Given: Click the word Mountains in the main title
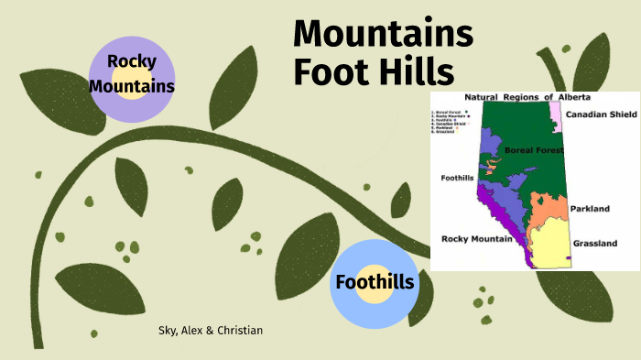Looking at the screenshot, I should coord(383,34).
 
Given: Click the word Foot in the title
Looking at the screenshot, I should coord(330,71).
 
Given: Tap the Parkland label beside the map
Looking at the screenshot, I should coord(590,209).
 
